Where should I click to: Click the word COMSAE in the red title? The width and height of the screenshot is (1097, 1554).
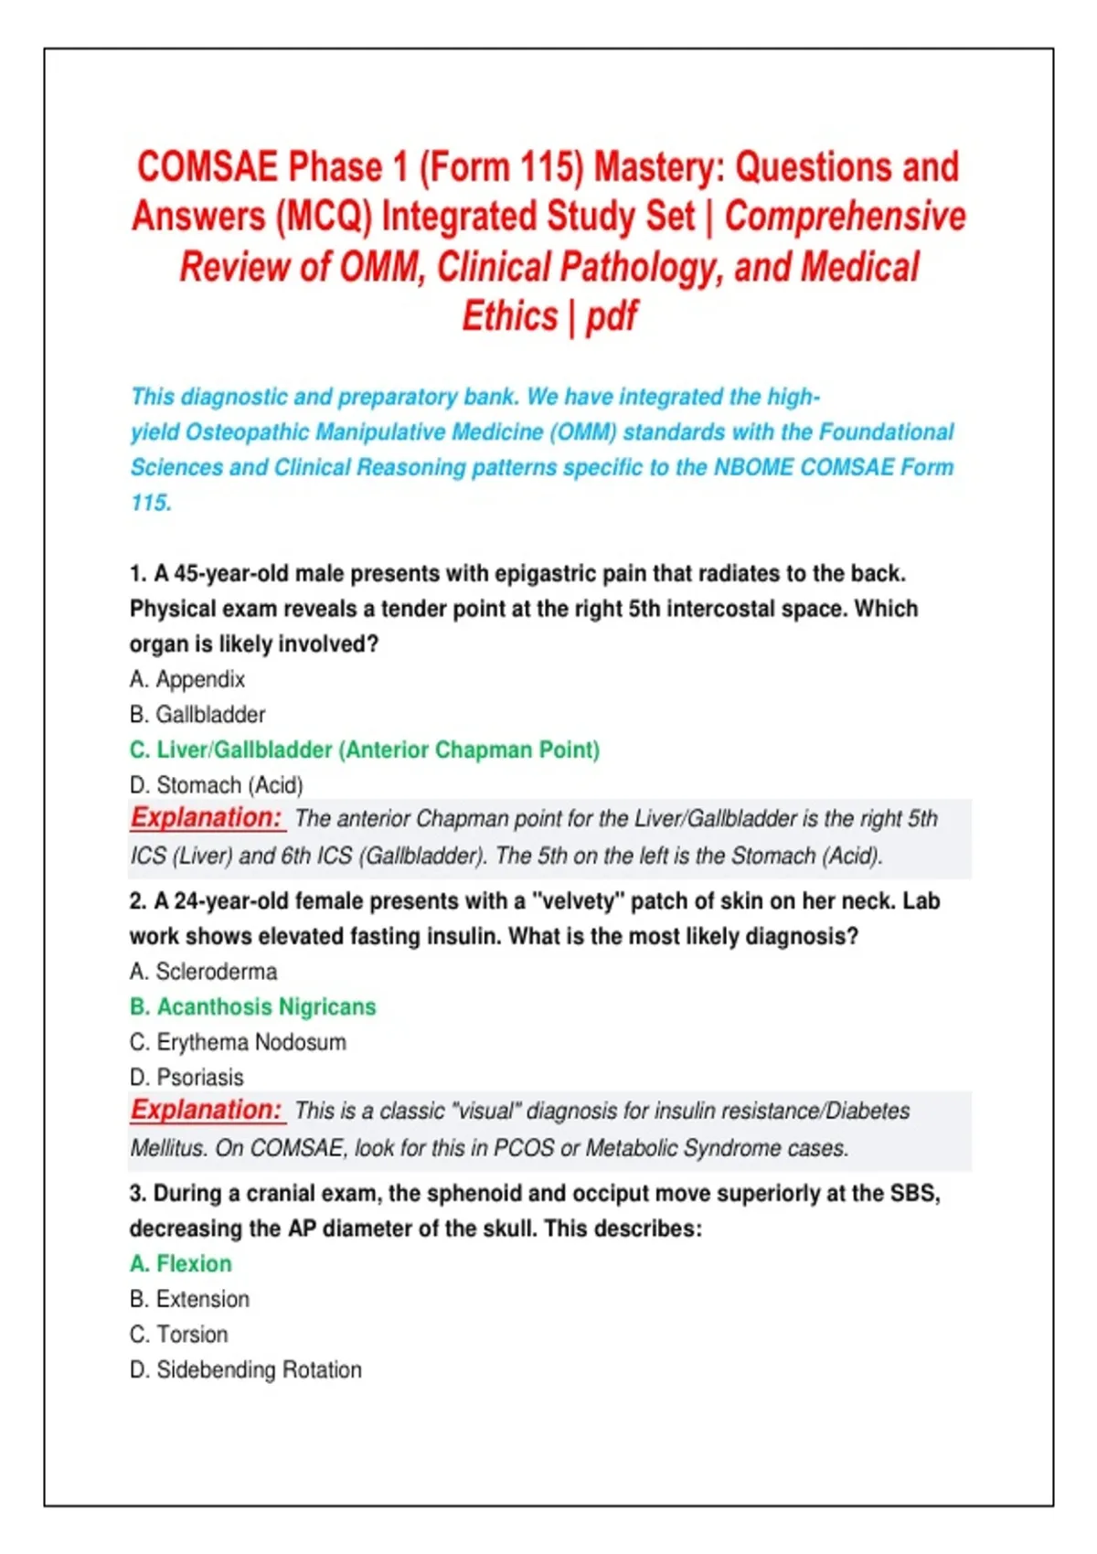207,167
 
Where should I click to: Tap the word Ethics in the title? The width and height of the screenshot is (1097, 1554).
509,316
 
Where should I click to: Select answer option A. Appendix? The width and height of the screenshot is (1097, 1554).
187,679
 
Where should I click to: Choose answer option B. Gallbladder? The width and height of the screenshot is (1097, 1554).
197,714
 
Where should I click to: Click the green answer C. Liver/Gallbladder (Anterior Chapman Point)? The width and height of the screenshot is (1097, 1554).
365,750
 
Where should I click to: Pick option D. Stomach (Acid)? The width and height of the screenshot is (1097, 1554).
216,785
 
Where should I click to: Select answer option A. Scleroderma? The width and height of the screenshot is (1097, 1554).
203,971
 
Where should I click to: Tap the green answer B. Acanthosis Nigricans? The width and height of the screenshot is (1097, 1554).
252,1006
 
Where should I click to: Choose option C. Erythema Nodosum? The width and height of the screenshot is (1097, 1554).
238,1042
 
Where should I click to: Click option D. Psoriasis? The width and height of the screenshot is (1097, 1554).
186,1077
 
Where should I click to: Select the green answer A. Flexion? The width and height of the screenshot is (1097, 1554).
181,1263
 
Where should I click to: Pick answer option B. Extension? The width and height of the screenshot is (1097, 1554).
189,1299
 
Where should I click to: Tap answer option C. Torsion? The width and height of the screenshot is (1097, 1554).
178,1335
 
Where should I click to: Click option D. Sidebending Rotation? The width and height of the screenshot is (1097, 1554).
245,1369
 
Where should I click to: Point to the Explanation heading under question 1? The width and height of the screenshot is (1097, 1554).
207,817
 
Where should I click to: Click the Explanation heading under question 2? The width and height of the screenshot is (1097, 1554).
207,1110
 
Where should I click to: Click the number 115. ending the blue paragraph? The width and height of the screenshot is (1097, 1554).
151,503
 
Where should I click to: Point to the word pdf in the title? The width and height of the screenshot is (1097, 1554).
612,316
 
